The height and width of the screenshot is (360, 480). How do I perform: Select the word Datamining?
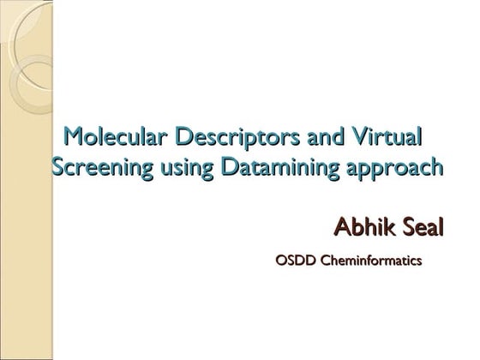(x=273, y=167)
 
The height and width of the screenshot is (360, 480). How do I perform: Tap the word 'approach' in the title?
(x=389, y=167)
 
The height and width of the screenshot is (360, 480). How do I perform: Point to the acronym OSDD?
(x=293, y=258)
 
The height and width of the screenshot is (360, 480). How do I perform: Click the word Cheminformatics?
(x=371, y=258)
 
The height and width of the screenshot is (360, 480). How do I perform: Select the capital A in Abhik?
(x=341, y=228)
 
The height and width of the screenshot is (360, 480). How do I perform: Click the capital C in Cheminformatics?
(x=324, y=258)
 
